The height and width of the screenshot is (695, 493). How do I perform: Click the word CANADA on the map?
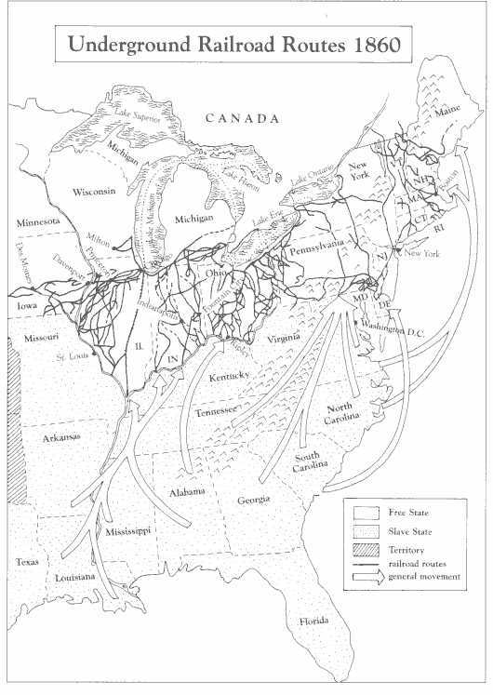[x=243, y=119]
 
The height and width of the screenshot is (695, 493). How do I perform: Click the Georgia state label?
[x=252, y=500]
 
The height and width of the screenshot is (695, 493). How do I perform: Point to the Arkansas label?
[x=60, y=436]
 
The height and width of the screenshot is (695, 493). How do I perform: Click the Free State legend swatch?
[x=364, y=511]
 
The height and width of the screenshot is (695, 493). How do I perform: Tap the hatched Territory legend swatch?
[x=364, y=550]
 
